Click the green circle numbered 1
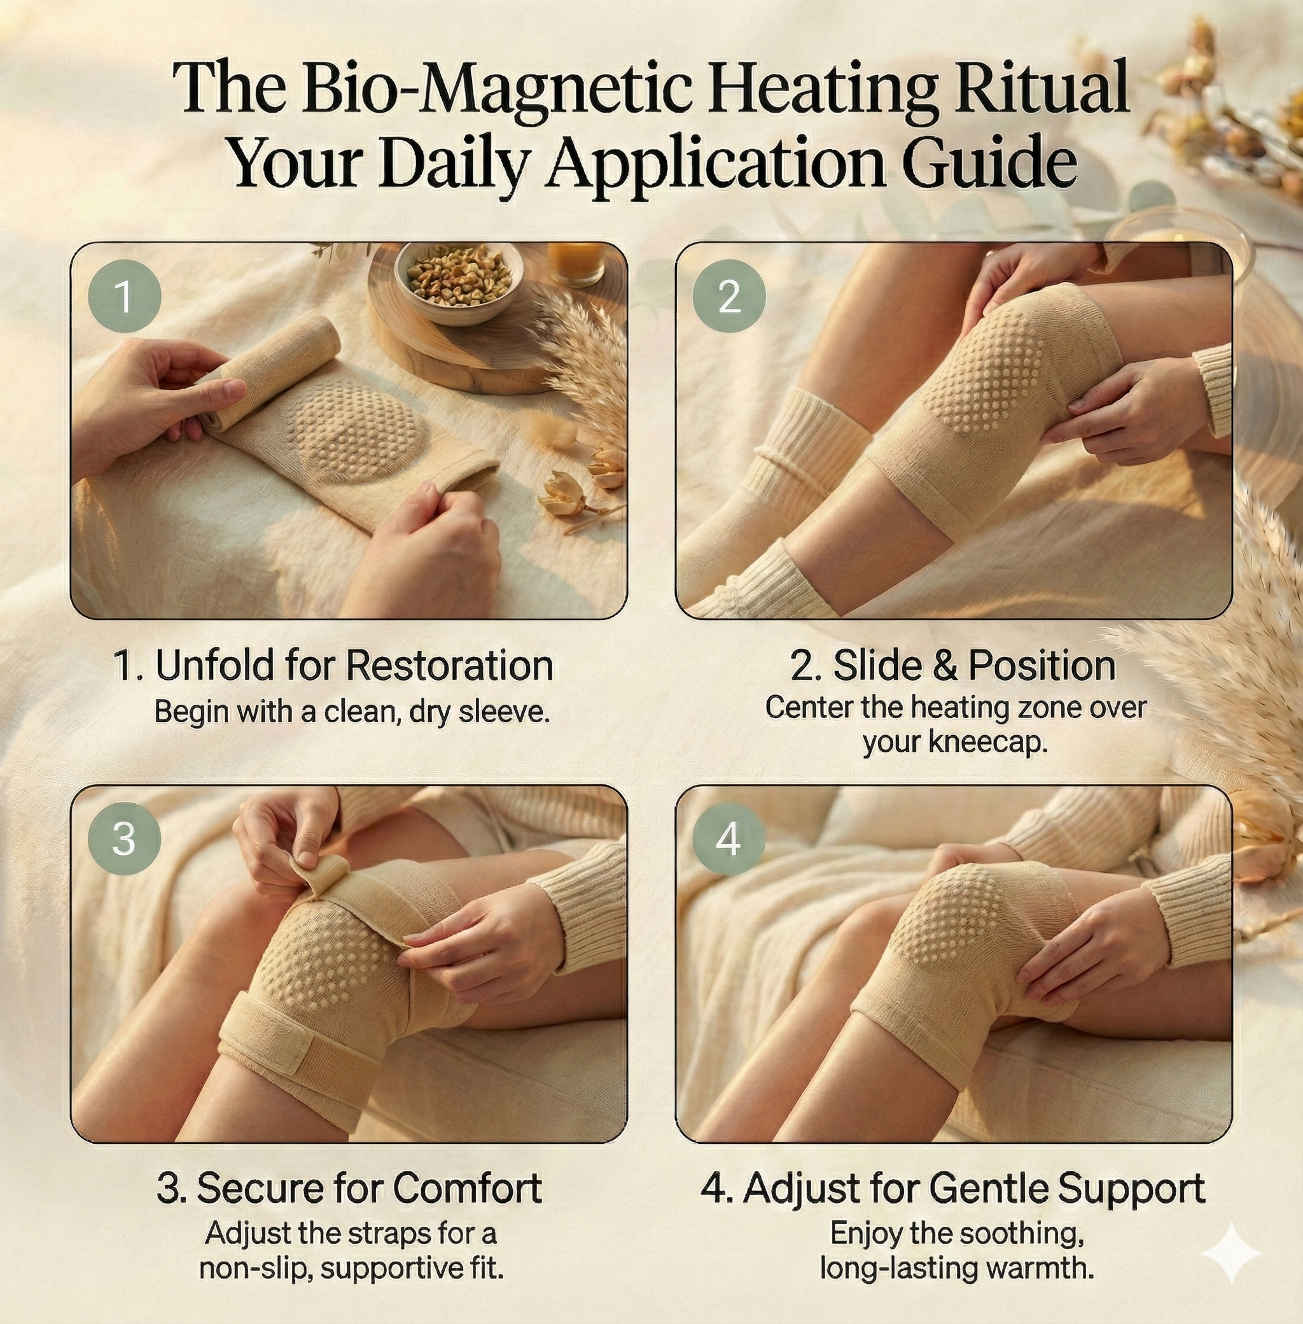point(124,299)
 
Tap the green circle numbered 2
point(729,298)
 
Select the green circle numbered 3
point(124,838)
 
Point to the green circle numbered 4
point(729,838)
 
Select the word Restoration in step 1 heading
point(450,665)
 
